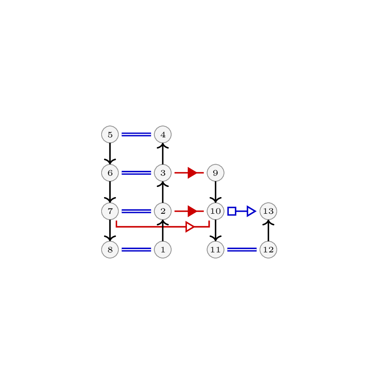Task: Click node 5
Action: [x=110, y=135]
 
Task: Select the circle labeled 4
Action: [x=163, y=135]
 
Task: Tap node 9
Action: [x=215, y=173]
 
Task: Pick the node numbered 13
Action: [x=269, y=211]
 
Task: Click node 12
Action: [x=269, y=249]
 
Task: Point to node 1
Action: [x=163, y=249]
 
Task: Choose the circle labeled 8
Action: [x=110, y=249]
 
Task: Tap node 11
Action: [x=215, y=249]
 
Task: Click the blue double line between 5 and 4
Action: [x=137, y=135]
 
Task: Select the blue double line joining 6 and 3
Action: [x=137, y=173]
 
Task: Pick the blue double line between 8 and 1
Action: [x=137, y=249]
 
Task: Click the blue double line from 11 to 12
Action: [x=242, y=249]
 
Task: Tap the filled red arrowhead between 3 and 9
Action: [x=192, y=173]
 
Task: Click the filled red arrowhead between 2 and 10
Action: [x=192, y=211]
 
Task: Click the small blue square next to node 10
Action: [x=232, y=211]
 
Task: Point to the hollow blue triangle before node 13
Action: [x=252, y=211]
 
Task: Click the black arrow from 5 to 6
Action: [x=110, y=154]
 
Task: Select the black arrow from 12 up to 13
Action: [x=269, y=230]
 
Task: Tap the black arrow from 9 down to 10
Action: [x=215, y=192]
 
